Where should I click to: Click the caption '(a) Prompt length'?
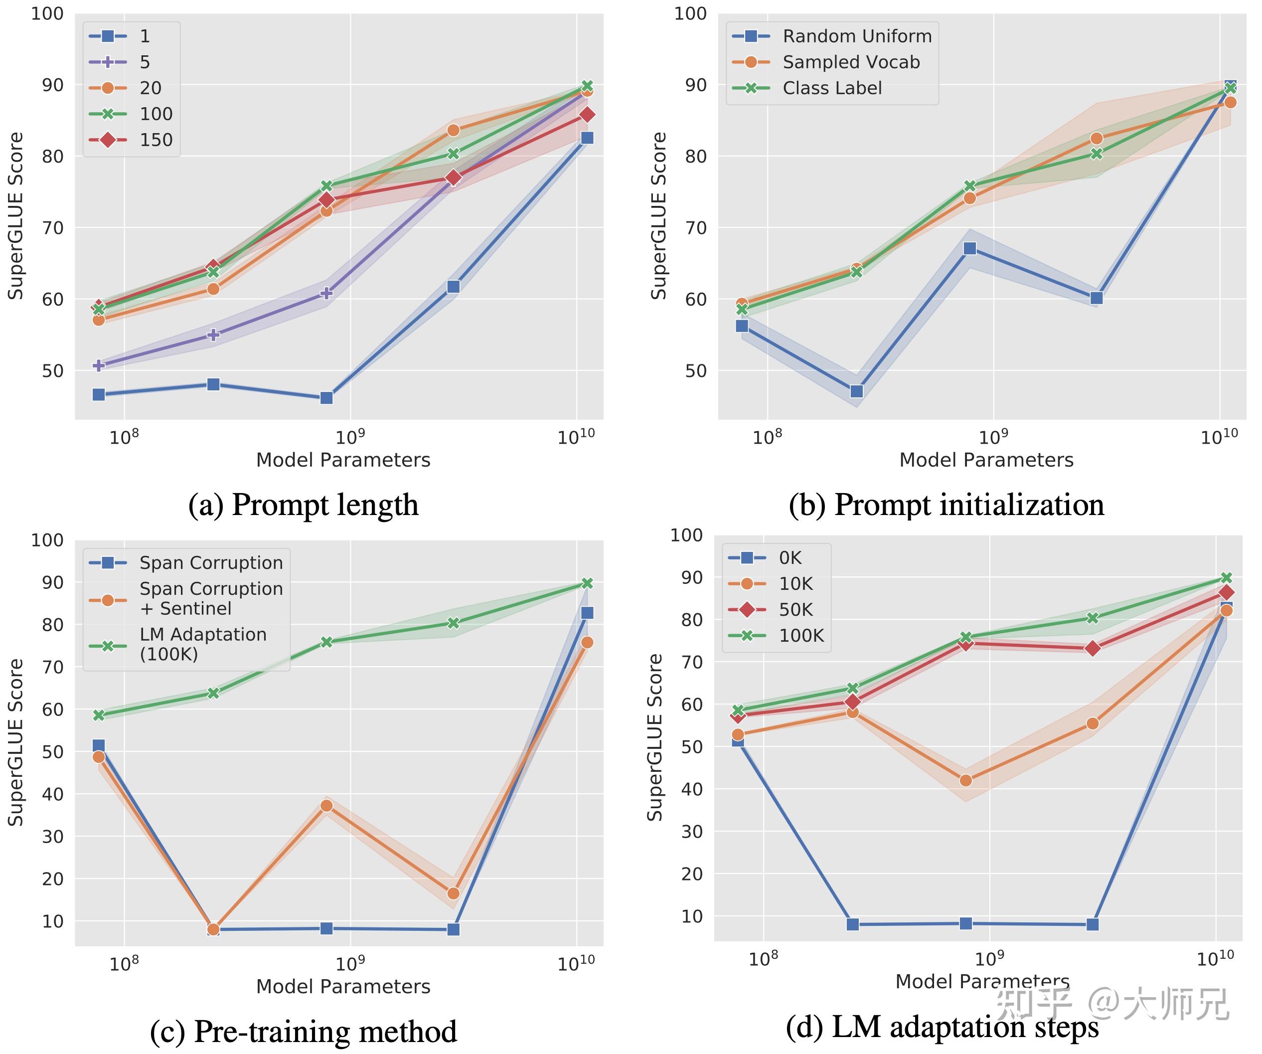303,505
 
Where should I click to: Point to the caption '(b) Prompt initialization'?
946,505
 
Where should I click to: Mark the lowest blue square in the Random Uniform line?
856,391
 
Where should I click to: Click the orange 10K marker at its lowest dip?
966,780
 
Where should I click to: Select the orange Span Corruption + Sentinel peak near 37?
326,806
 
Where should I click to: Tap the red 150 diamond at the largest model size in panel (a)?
587,114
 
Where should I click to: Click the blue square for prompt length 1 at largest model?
587,138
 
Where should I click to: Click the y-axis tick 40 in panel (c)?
53,794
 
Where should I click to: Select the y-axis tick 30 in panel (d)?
692,832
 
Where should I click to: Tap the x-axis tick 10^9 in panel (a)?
350,437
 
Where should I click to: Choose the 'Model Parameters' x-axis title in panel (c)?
343,987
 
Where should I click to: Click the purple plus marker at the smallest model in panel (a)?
99,365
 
